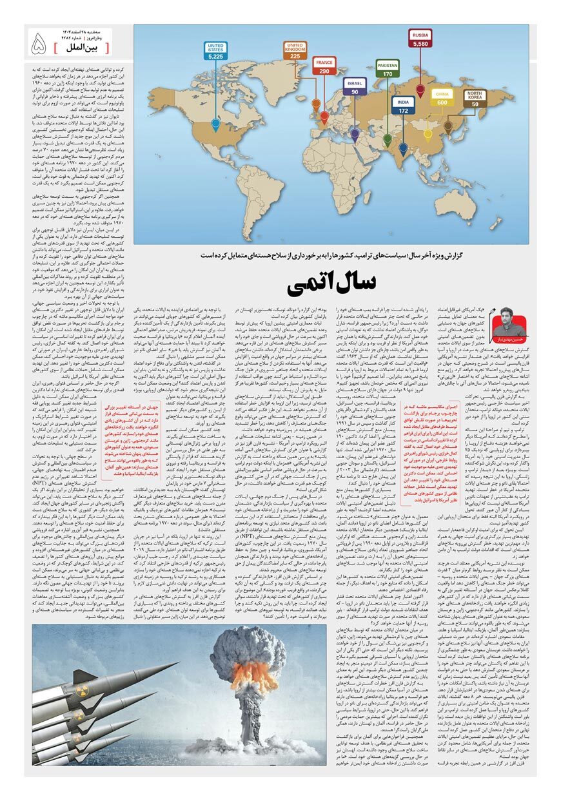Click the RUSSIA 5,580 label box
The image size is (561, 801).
[420, 39]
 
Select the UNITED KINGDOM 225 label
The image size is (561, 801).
[295, 52]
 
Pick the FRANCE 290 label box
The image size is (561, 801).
[324, 66]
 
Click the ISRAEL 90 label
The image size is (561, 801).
[355, 87]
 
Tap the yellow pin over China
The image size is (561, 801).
[428, 134]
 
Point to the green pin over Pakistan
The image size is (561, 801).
[387, 139]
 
